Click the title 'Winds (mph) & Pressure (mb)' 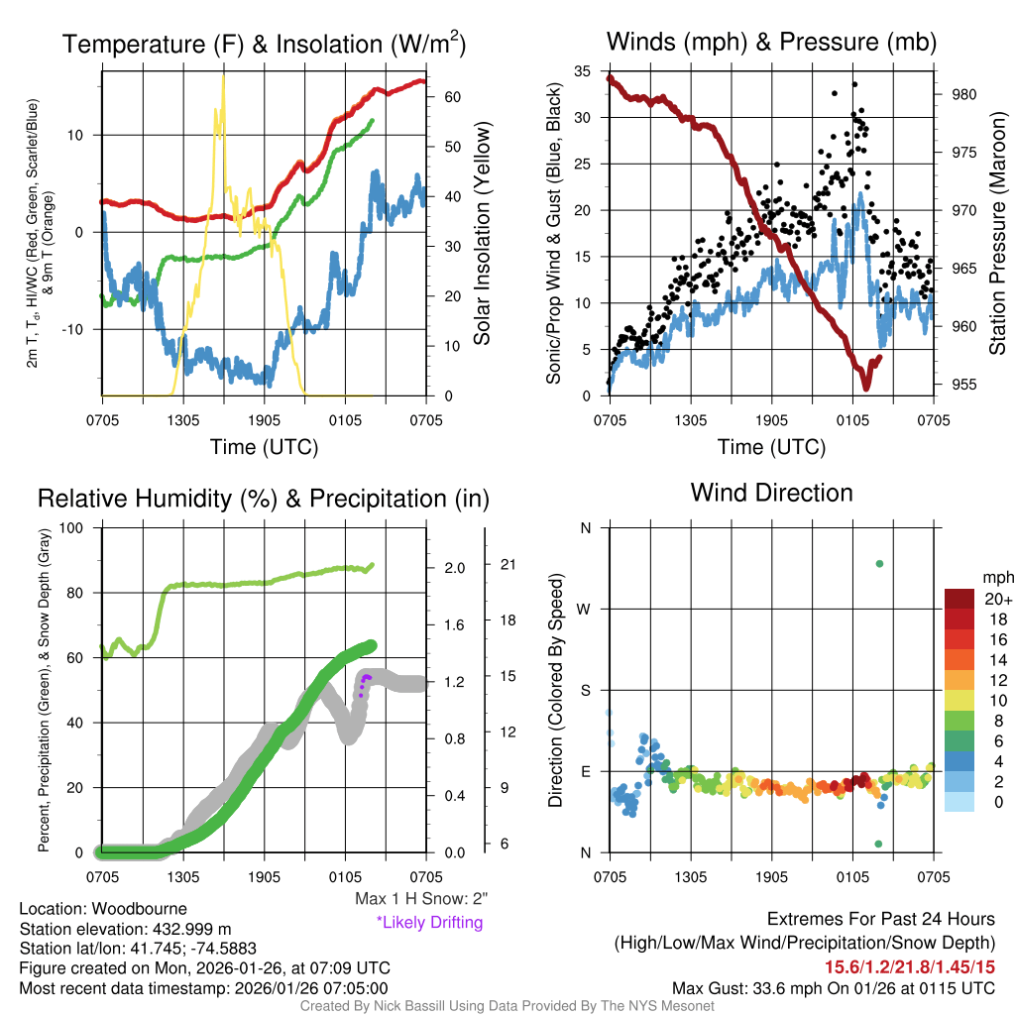coord(771,42)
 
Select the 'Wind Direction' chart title coord(771,493)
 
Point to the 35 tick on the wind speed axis coord(587,70)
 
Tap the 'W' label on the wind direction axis coord(584,609)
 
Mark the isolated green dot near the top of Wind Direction coord(879,564)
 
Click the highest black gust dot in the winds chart coord(854,84)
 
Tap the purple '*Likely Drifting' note coord(429,922)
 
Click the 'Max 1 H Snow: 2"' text coord(421,899)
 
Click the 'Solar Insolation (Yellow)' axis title coord(483,233)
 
